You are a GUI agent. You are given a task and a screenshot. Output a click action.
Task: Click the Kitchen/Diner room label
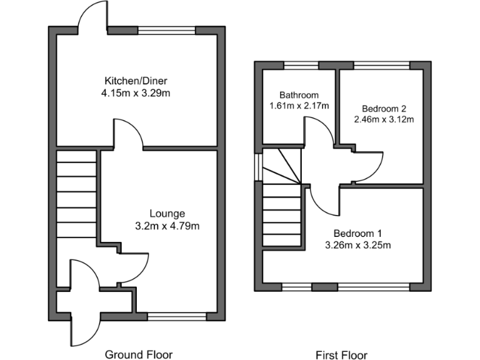point(136,81)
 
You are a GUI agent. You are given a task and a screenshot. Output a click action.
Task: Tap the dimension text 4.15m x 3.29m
point(136,93)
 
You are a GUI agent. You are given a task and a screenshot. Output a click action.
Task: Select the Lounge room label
point(167,214)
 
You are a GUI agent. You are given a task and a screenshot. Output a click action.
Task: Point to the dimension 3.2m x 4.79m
point(167,226)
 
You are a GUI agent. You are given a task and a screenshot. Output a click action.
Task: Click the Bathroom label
point(299,95)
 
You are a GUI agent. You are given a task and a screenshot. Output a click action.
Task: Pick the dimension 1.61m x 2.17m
point(299,106)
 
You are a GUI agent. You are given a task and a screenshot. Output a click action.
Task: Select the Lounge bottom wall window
point(177,317)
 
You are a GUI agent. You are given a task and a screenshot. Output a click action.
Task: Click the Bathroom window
point(301,64)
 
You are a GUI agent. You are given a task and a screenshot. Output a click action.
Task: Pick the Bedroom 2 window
point(381,64)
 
